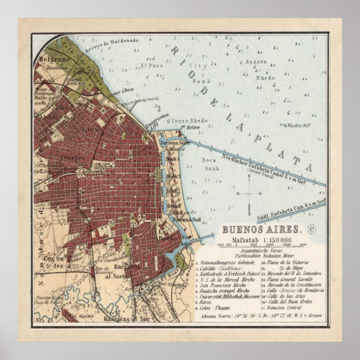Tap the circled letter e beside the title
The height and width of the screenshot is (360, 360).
(x=312, y=228)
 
